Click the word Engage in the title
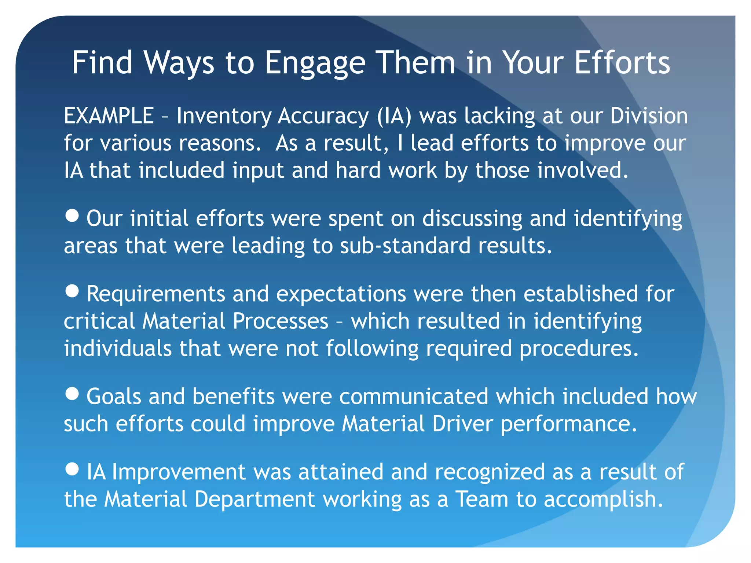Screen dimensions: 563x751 coord(315,63)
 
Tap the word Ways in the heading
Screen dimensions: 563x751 coord(179,63)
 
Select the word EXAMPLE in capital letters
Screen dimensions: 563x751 coord(109,116)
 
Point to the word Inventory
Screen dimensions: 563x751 coord(224,117)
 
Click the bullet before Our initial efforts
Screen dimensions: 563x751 coord(72,216)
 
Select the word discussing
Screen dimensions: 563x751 coord(472,219)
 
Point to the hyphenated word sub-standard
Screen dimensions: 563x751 coord(405,246)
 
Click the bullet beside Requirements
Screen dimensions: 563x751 coord(72,291)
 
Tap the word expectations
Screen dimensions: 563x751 coord(341,294)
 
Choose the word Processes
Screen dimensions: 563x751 coord(280,321)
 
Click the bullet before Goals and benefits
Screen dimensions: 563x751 coord(72,394)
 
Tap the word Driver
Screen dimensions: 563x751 coord(462,424)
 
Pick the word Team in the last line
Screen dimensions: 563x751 coord(481,499)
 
